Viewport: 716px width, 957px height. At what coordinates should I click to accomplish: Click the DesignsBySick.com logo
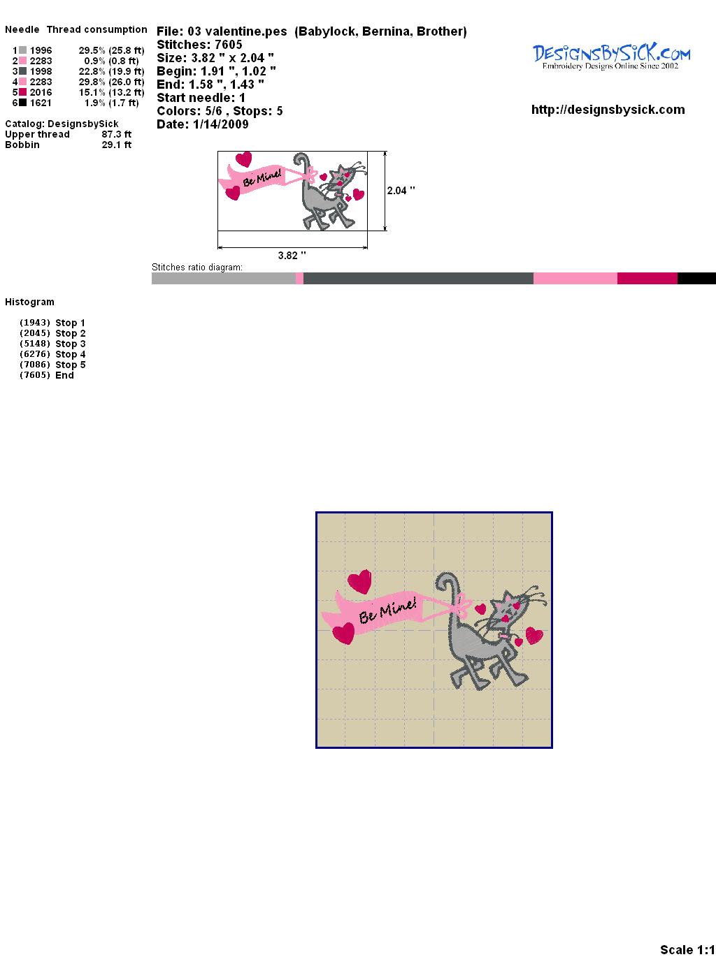point(611,57)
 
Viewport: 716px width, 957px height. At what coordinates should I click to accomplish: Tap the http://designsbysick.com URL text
point(608,110)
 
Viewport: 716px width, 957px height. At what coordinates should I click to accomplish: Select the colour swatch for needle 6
point(22,103)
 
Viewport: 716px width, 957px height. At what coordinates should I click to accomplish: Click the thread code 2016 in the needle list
point(41,92)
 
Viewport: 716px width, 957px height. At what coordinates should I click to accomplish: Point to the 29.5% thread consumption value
point(92,50)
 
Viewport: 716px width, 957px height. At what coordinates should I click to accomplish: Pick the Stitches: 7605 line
point(199,45)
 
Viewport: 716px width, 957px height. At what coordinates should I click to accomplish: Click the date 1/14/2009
point(220,124)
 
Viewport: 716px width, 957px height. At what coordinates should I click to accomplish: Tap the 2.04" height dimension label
point(401,191)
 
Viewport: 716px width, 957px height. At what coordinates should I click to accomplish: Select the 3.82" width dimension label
point(292,255)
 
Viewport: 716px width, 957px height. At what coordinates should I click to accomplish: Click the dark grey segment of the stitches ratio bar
point(418,278)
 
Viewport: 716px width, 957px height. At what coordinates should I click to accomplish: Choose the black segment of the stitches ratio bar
point(696,278)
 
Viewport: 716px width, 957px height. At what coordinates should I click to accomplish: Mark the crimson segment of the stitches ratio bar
point(647,278)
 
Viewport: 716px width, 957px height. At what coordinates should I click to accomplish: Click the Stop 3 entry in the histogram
point(52,344)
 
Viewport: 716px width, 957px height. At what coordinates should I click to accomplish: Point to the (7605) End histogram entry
point(46,375)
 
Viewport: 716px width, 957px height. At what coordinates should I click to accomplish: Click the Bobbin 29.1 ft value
point(116,145)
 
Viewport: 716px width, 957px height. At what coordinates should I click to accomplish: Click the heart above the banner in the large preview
point(359,581)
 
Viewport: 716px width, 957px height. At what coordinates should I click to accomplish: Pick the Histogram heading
point(29,302)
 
